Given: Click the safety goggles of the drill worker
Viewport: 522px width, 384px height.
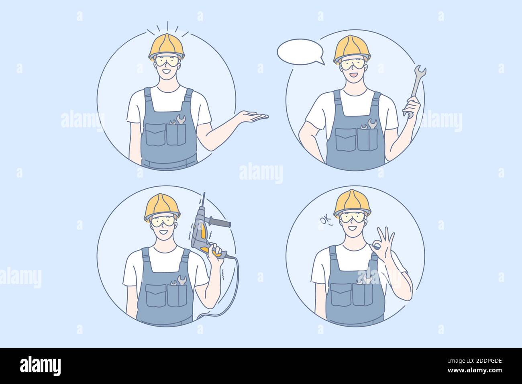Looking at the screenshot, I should click(x=163, y=221).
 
